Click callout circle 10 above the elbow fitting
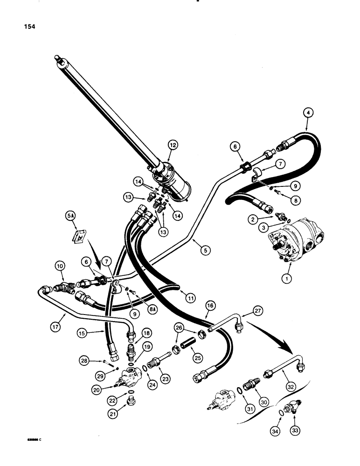[59, 267]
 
